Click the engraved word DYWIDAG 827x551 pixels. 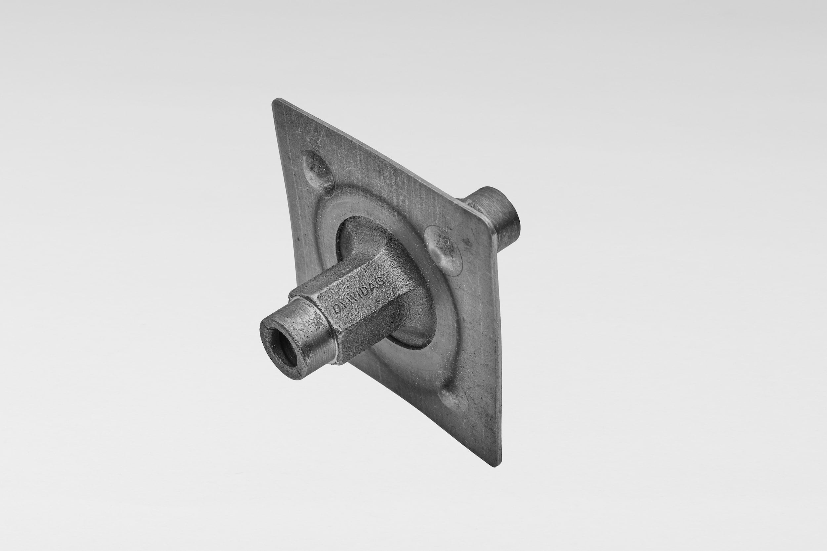[360, 295]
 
